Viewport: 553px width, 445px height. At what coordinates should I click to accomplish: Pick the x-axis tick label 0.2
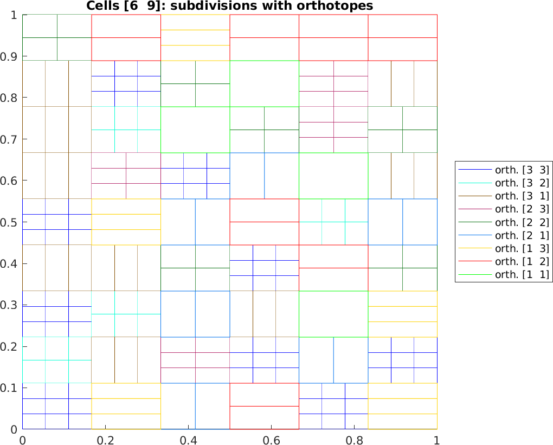[x=105, y=437]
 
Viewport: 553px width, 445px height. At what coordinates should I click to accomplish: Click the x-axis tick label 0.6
[x=271, y=437]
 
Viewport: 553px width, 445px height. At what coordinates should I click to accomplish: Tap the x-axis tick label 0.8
[x=354, y=437]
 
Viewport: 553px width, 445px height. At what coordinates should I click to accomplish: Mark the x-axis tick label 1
[x=437, y=437]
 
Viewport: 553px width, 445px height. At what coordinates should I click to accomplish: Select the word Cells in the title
[x=100, y=6]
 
